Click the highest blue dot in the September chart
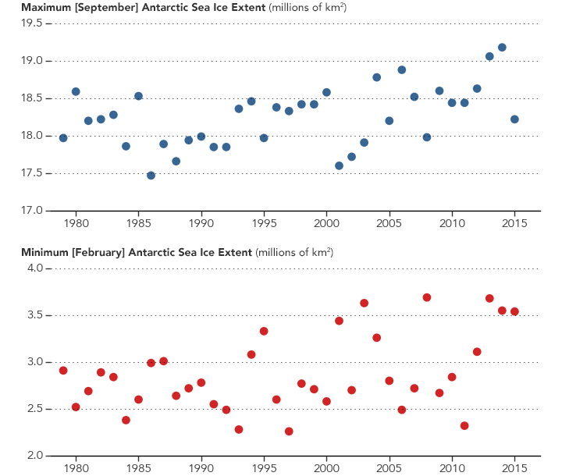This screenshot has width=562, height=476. coord(502,48)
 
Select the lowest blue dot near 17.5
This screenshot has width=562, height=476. coord(151,176)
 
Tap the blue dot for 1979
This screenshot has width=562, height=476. coord(63,138)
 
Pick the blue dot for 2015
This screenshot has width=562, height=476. coord(514,119)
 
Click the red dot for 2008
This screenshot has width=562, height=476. coord(427,297)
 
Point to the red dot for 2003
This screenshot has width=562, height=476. coord(364,303)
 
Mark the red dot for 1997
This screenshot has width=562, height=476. coord(289,432)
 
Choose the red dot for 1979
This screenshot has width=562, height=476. coord(63,371)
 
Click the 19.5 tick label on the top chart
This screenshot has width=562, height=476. coord(31,23)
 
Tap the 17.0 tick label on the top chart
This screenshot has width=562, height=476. coord(31,211)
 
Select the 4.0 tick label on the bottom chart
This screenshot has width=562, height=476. coord(37,268)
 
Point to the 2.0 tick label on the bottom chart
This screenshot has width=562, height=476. coord(37,456)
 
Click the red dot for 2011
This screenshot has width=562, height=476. coord(464,426)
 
